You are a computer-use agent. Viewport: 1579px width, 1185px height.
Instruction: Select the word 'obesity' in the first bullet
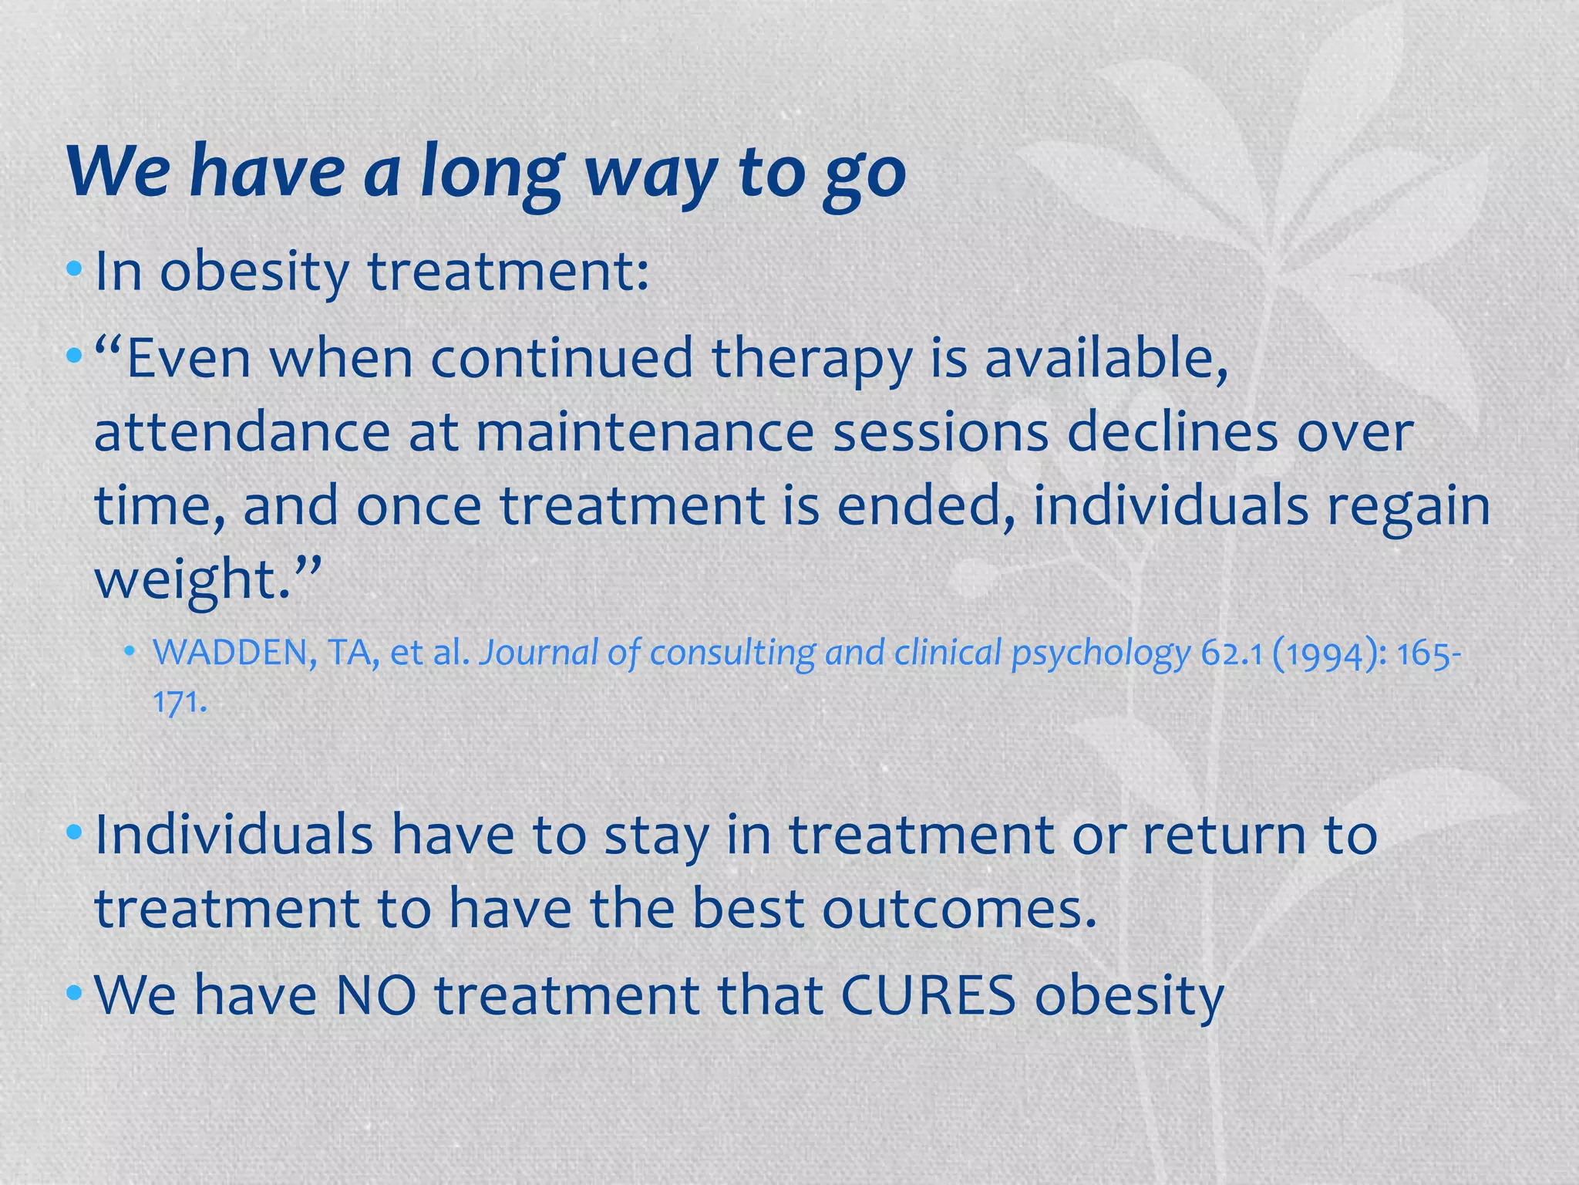click(254, 273)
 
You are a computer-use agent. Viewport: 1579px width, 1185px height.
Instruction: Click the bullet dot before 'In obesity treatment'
click(74, 270)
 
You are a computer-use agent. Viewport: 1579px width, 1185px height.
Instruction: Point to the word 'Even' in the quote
click(188, 359)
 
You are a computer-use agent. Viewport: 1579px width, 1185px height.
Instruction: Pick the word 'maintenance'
click(645, 432)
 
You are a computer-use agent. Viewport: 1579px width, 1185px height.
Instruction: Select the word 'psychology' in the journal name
click(1101, 655)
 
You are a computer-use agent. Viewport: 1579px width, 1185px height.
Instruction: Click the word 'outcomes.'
click(959, 909)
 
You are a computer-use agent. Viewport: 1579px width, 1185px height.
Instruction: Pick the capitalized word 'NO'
click(376, 995)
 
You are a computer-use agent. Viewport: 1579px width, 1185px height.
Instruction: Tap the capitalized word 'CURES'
click(928, 995)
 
